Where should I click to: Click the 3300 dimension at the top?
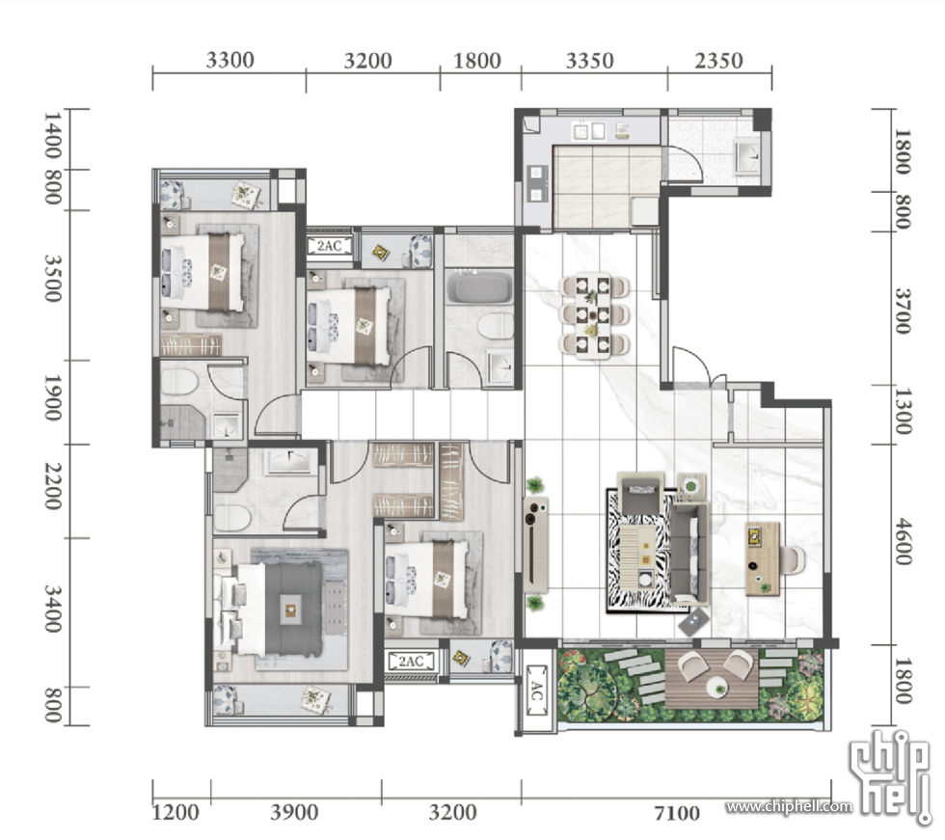(229, 60)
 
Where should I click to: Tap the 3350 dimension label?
(589, 60)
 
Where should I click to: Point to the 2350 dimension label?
(718, 60)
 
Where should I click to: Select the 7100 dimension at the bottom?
(677, 814)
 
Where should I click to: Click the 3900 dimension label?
(294, 812)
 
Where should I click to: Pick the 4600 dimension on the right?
(903, 541)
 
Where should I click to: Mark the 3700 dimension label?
(903, 311)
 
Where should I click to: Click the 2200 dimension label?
(52, 486)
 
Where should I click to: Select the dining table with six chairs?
(594, 314)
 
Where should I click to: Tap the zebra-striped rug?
(640, 550)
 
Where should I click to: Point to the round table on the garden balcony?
(716, 686)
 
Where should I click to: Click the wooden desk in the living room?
(763, 558)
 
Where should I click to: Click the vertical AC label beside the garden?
(536, 691)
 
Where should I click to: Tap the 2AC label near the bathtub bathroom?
(329, 246)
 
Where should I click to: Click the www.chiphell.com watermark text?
(789, 806)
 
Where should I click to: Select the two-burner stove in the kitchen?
(536, 183)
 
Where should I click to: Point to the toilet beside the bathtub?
(496, 327)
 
